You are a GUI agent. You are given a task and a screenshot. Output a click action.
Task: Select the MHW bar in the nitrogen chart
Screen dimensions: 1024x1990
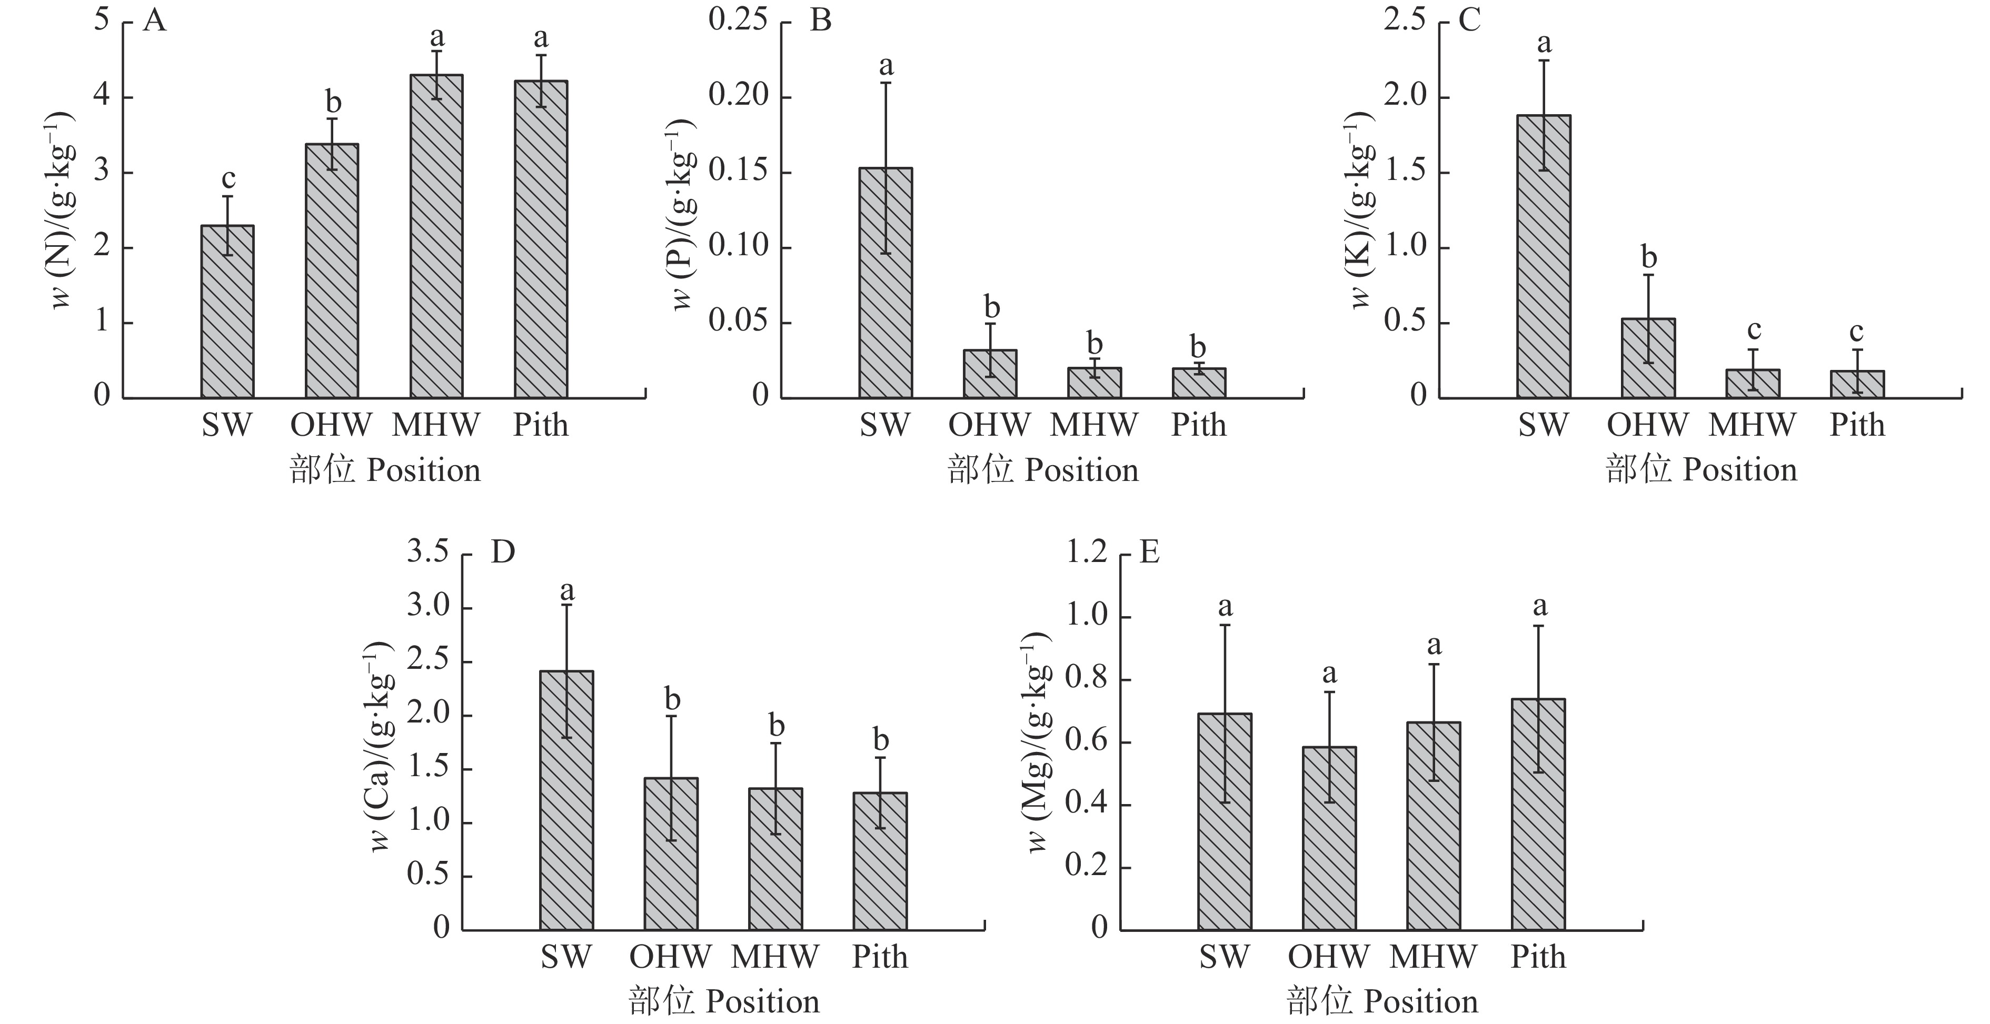[x=436, y=236]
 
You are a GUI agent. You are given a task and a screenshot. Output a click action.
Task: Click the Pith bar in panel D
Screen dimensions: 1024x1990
[x=880, y=860]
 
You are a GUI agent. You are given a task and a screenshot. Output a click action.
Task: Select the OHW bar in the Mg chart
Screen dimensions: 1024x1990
[x=1329, y=838]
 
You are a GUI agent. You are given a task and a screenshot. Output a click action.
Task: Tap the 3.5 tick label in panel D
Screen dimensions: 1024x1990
[x=428, y=552]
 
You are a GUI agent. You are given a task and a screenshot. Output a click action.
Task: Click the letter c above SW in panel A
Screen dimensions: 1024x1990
[x=228, y=178]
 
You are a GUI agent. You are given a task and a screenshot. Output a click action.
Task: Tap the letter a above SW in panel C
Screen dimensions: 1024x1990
[x=1544, y=43]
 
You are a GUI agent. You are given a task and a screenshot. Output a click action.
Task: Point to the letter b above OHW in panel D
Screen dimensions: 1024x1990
[x=672, y=700]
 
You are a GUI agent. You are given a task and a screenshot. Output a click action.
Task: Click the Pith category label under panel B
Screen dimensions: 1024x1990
[x=1198, y=425]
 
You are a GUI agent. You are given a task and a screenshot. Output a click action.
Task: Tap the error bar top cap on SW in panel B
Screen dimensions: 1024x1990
[x=885, y=83]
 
